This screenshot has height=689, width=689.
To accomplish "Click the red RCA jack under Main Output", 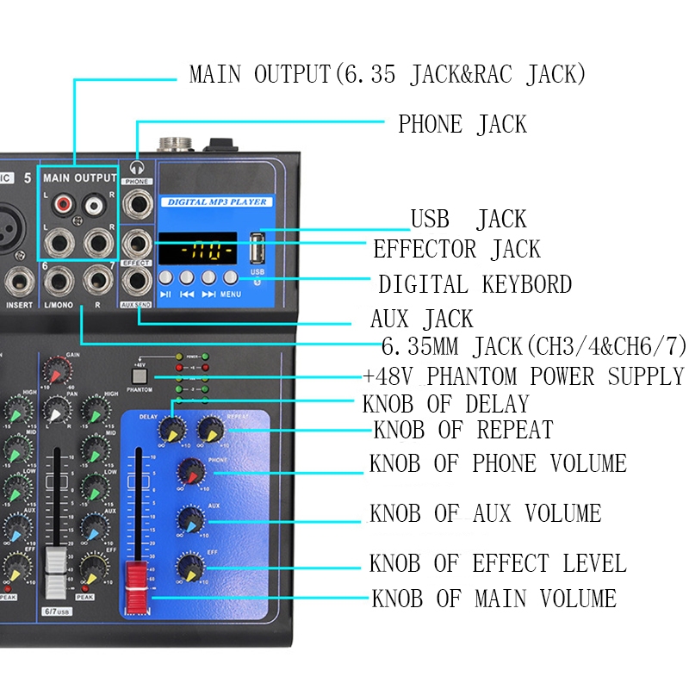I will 61,206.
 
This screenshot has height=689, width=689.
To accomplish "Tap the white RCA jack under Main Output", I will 92,206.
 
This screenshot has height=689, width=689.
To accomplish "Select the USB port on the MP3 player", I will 256,249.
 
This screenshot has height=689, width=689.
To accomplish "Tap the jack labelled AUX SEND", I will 136,282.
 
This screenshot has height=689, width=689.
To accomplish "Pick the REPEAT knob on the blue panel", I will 208,428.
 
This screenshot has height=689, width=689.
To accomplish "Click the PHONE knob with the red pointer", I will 190,470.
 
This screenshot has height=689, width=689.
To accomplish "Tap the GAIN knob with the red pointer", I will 56,370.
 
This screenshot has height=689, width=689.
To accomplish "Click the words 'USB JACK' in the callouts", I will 468,219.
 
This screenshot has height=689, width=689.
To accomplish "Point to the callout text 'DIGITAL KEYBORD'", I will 475,284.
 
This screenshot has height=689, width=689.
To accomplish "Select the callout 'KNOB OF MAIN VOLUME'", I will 493,598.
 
